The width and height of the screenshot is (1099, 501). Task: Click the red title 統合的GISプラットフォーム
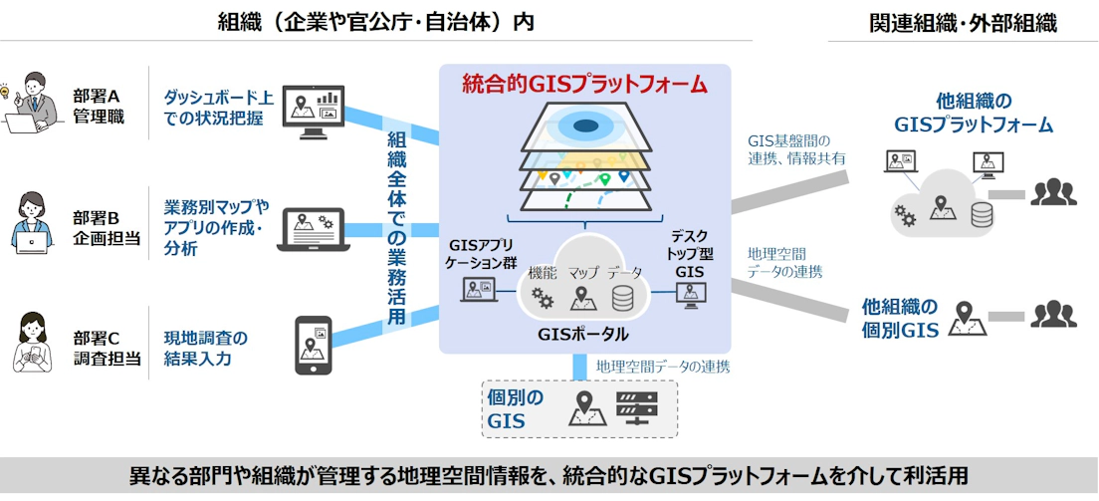coord(584,84)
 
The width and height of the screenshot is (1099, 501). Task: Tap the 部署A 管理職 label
coord(96,107)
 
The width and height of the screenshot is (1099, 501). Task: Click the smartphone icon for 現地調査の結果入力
coord(313,346)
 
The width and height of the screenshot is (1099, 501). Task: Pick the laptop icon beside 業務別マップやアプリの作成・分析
coord(312,230)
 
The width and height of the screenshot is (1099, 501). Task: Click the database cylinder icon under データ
coord(624,298)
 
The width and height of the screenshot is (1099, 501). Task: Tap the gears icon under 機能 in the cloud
coord(543,298)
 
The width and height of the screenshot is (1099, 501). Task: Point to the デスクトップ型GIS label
coord(689,253)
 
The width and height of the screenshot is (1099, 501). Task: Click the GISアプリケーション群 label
coord(479,254)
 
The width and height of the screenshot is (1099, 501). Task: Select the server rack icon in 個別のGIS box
coord(637,409)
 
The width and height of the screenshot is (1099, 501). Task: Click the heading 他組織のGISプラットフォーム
coord(973,113)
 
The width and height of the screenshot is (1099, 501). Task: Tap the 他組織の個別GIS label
coord(900,319)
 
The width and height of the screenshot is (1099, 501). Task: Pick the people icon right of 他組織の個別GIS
coord(1053,315)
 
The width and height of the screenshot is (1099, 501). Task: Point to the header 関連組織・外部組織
coord(962,21)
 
